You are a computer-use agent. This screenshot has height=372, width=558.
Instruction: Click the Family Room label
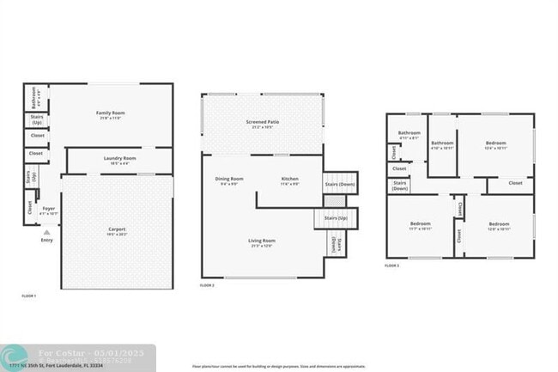(110, 113)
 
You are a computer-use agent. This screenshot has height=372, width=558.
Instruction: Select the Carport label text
(117, 229)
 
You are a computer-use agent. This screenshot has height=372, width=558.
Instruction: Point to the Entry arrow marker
(46, 232)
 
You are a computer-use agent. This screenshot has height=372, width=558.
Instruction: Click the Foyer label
(49, 209)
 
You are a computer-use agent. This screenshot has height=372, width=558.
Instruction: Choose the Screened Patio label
(262, 122)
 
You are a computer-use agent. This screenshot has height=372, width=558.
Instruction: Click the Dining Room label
(229, 179)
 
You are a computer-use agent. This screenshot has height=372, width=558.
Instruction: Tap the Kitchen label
(289, 179)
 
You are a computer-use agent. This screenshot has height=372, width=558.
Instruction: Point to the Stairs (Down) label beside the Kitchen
(340, 183)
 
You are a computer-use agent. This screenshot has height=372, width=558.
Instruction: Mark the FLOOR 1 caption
(28, 296)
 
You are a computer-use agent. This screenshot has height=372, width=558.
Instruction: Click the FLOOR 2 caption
(207, 285)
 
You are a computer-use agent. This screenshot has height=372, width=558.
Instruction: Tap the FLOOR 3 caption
(391, 266)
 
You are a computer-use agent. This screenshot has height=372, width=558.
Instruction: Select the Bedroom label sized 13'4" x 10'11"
(496, 143)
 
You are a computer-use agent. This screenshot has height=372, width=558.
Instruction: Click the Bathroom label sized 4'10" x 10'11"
(442, 143)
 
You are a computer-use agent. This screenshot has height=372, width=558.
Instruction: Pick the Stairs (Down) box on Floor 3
(400, 185)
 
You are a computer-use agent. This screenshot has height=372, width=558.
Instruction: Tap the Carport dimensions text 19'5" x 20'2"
(117, 234)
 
